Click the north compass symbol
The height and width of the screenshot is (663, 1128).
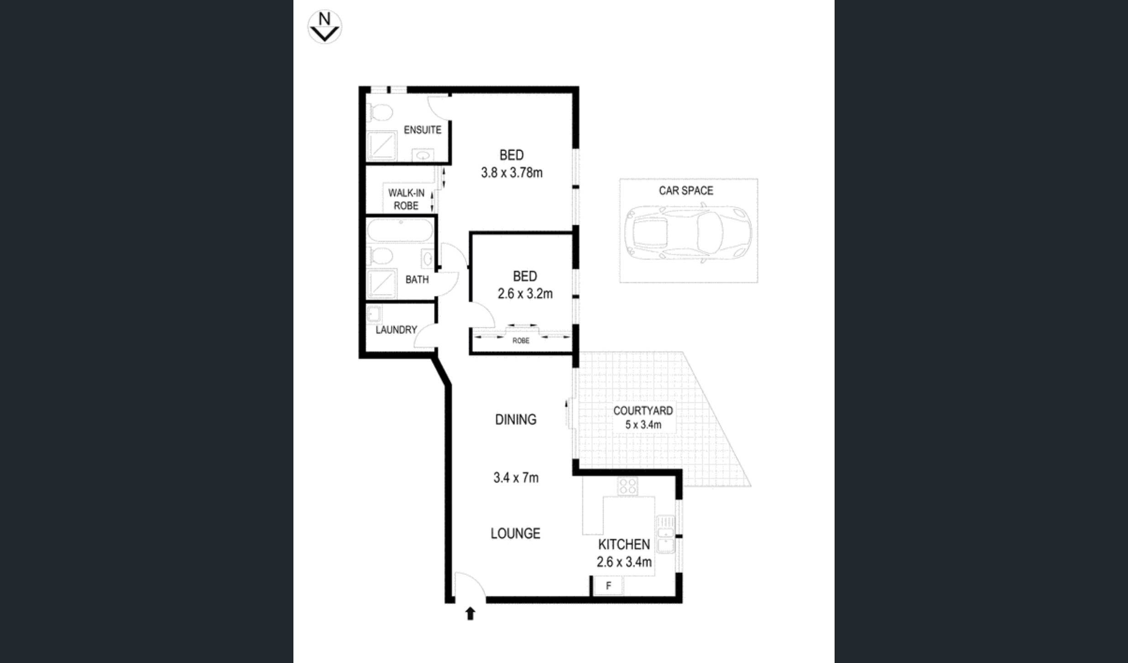click(x=324, y=27)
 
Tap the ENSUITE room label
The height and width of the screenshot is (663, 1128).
click(x=422, y=130)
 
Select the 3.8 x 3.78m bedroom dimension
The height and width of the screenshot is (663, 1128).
click(x=512, y=173)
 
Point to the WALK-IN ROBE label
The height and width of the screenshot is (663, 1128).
click(x=406, y=200)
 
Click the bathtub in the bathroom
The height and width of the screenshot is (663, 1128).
click(x=400, y=231)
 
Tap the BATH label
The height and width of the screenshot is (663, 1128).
click(x=417, y=279)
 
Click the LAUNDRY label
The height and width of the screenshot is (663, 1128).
click(x=396, y=330)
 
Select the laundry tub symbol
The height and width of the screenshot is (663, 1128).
click(x=374, y=314)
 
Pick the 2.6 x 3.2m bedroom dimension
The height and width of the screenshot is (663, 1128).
click(x=525, y=294)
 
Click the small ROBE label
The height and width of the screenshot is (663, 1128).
click(x=521, y=341)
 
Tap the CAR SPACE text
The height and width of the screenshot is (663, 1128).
click(x=685, y=191)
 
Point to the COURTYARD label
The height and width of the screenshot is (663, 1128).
click(x=642, y=411)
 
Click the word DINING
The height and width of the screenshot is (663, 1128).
click(x=516, y=420)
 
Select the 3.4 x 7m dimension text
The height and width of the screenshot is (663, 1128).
click(x=516, y=478)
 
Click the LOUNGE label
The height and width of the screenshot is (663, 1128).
click(x=515, y=533)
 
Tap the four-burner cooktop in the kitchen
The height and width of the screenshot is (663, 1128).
click(x=627, y=486)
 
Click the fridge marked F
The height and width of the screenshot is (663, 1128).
click(x=608, y=586)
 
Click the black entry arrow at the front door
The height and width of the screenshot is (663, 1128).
click(x=470, y=613)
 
